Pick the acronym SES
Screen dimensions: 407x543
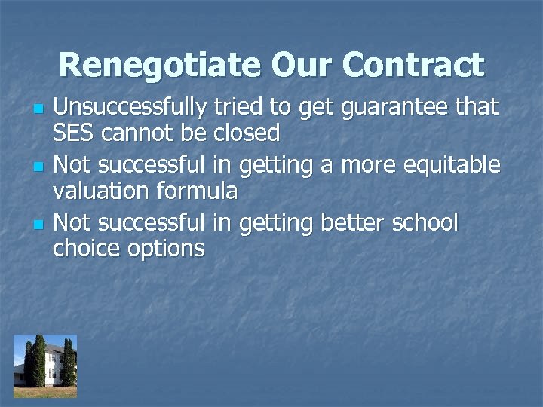click(72, 133)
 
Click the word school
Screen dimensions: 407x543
click(427, 223)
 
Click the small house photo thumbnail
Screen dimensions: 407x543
click(45, 366)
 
